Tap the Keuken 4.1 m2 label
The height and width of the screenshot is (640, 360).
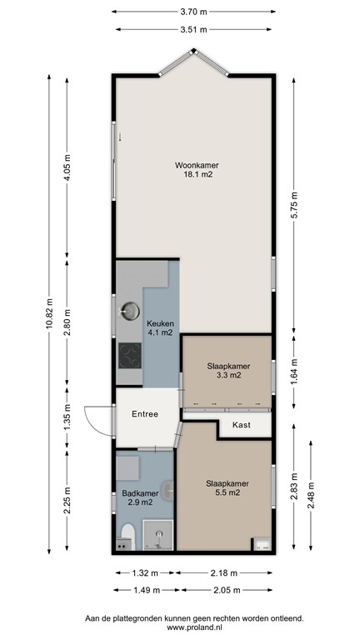pyautogui.click(x=159, y=327)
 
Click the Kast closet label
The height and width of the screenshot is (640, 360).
pyautogui.click(x=242, y=425)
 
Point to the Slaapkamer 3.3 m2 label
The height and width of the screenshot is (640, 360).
pyautogui.click(x=227, y=370)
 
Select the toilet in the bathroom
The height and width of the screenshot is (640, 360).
pyautogui.click(x=127, y=537)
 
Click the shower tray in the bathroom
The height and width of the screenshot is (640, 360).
pyautogui.click(x=156, y=536)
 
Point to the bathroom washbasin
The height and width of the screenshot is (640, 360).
pyautogui.click(x=169, y=489)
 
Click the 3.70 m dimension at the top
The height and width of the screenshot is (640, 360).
pyautogui.click(x=194, y=12)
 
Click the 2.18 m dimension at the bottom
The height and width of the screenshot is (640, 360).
pyautogui.click(x=222, y=573)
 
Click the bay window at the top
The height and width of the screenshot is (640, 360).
pyautogui.click(x=193, y=62)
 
